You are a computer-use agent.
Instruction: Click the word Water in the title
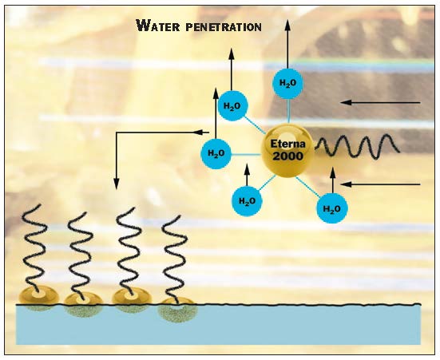(x=157, y=26)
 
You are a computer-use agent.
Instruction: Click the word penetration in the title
(x=224, y=27)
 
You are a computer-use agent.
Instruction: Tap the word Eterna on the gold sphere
(x=287, y=144)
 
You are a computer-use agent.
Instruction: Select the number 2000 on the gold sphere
(x=288, y=156)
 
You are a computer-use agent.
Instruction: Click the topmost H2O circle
(x=288, y=83)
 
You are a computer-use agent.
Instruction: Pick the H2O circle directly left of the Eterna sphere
(x=216, y=153)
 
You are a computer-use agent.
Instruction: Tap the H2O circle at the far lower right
(x=332, y=208)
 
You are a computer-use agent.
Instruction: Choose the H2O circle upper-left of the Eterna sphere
(x=232, y=106)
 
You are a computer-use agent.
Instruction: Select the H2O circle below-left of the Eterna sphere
(x=247, y=201)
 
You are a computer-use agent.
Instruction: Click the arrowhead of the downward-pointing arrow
(x=116, y=184)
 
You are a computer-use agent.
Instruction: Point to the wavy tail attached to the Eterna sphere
(x=357, y=147)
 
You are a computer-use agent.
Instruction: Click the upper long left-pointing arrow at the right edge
(x=380, y=103)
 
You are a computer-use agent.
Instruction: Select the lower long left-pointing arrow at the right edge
(x=380, y=184)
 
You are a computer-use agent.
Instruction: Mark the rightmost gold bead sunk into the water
(x=177, y=310)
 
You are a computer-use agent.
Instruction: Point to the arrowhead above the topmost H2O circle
(x=287, y=26)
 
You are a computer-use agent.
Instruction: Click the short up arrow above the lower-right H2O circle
(x=332, y=180)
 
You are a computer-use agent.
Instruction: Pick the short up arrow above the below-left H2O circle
(x=247, y=175)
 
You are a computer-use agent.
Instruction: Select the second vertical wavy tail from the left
(x=81, y=255)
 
